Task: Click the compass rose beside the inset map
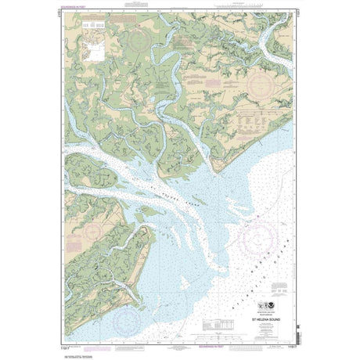tap(140, 39)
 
